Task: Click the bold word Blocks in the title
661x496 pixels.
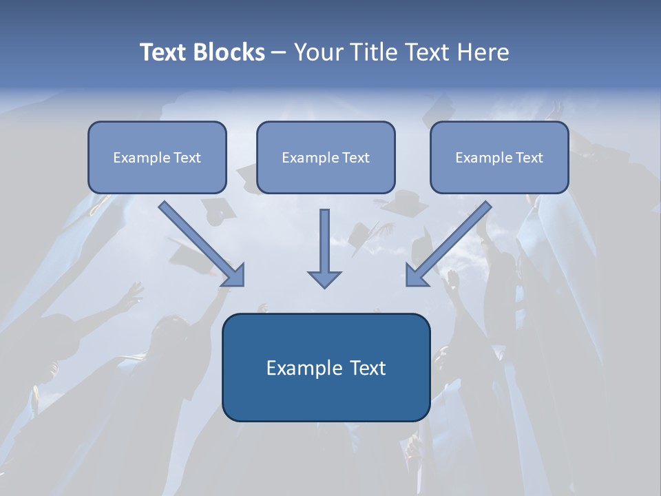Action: click(x=230, y=52)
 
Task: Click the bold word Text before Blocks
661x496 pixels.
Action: click(x=165, y=52)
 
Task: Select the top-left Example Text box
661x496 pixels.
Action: click(x=157, y=157)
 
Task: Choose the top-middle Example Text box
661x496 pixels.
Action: click(x=326, y=157)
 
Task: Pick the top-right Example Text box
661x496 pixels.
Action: click(x=499, y=157)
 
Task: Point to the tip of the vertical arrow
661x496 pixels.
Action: click(x=324, y=285)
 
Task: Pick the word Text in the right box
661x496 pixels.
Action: click(x=529, y=158)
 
